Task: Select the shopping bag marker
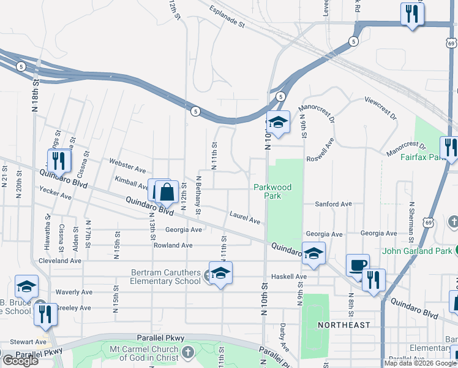click(x=167, y=193)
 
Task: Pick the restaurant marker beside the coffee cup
click(x=374, y=280)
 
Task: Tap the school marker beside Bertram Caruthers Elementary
click(x=220, y=274)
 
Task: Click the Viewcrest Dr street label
click(x=380, y=107)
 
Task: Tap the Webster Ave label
click(x=127, y=166)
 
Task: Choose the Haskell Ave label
click(x=293, y=277)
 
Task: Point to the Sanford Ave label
click(x=333, y=204)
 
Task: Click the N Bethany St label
click(x=198, y=196)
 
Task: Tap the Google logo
click(x=20, y=361)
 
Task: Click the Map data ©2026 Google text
click(x=419, y=363)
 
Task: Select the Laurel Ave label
click(x=245, y=217)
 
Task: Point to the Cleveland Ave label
click(x=59, y=260)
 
